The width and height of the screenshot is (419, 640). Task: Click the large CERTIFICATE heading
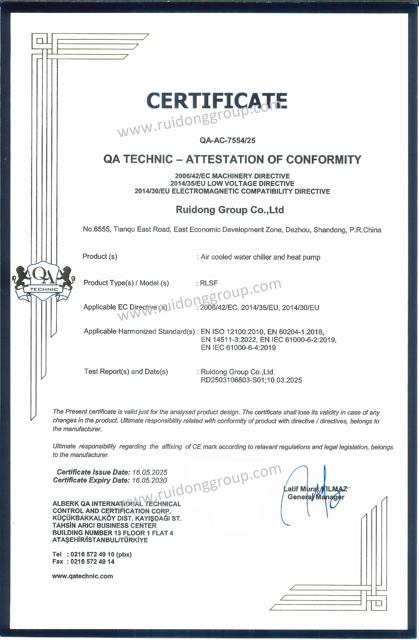pyautogui.click(x=217, y=101)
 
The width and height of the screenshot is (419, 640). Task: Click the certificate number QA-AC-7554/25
pyautogui.click(x=227, y=140)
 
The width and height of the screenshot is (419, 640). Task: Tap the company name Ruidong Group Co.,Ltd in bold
pyautogui.click(x=230, y=210)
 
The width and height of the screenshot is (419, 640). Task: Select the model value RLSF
pyautogui.click(x=209, y=283)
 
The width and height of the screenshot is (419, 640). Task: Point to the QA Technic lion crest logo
pyautogui.click(x=44, y=281)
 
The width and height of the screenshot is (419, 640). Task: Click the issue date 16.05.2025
pyautogui.click(x=150, y=472)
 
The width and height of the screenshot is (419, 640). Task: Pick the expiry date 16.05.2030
pyautogui.click(x=149, y=480)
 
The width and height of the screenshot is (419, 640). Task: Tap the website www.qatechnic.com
pyautogui.click(x=83, y=576)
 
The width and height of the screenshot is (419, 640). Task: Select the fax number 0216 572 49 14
pyautogui.click(x=92, y=562)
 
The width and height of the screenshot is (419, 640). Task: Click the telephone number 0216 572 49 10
pyautogui.click(x=92, y=554)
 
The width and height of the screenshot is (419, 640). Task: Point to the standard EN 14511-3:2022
pyautogui.click(x=229, y=340)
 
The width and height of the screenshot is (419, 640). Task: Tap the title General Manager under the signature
pyautogui.click(x=316, y=497)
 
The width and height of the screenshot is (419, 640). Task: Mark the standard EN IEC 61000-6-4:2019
pyautogui.click(x=238, y=348)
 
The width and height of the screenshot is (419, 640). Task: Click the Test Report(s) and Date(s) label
pyautogui.click(x=126, y=371)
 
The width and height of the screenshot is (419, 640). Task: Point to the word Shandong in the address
pyautogui.click(x=330, y=230)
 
